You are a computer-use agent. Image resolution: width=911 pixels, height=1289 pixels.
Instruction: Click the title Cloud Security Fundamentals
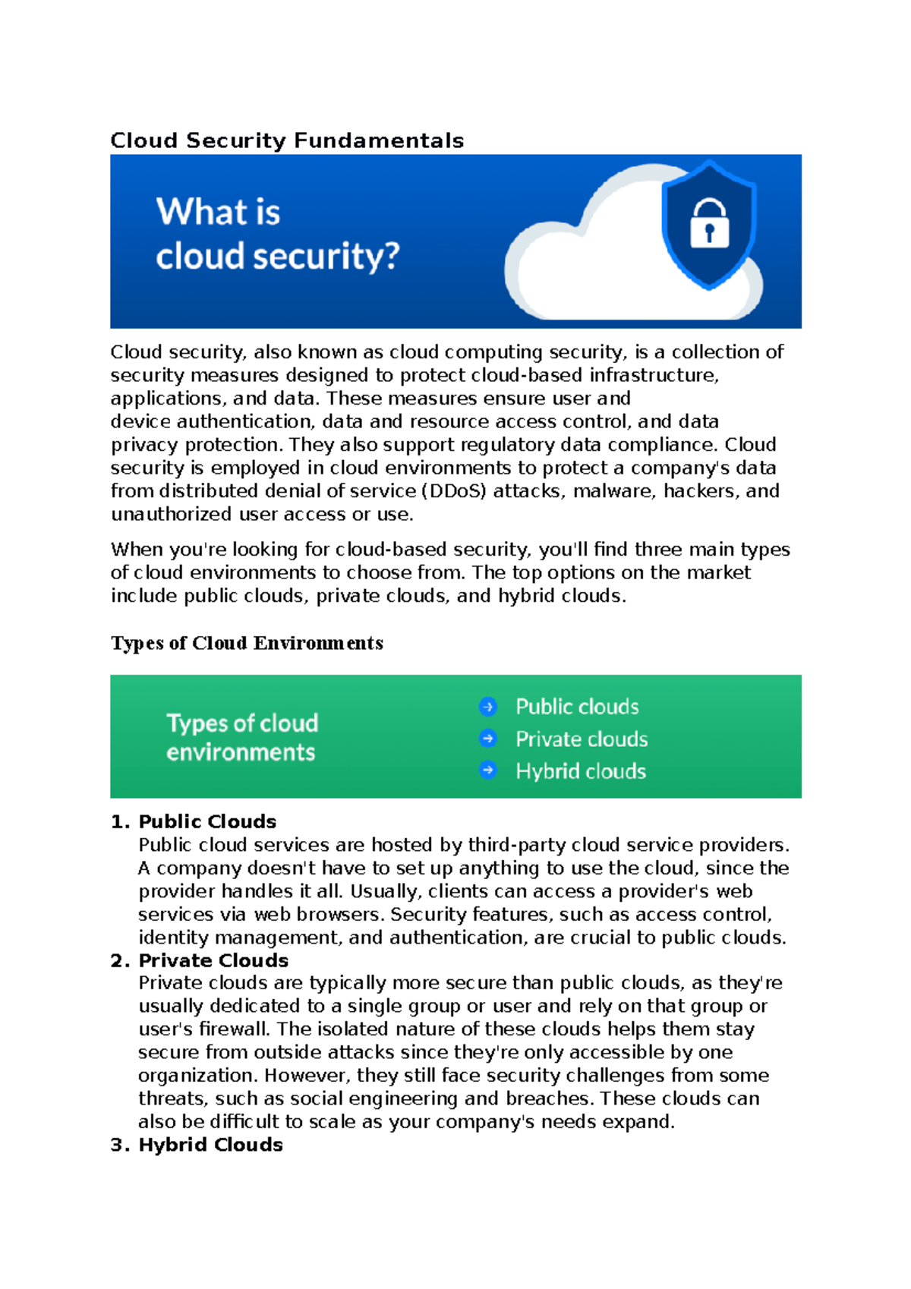[x=286, y=140]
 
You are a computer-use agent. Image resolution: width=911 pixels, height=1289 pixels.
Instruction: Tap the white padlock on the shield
[x=709, y=225]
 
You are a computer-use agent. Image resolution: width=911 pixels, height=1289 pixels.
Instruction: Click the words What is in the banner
[x=218, y=212]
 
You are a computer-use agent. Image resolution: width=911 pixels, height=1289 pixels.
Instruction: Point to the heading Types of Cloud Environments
[x=247, y=643]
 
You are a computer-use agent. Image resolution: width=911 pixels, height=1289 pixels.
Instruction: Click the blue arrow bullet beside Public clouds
[x=488, y=707]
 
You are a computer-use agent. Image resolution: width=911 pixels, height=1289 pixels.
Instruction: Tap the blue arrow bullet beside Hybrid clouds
[x=488, y=771]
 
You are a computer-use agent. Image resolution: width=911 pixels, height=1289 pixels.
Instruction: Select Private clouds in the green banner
[x=582, y=739]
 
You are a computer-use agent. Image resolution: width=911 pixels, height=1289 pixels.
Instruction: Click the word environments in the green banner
[x=241, y=752]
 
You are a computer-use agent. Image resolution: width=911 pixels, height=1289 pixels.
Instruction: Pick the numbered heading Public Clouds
[x=207, y=821]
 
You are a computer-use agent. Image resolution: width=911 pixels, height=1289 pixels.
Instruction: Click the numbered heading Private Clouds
[x=213, y=960]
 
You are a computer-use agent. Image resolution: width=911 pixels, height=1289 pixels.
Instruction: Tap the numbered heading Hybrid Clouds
[x=210, y=1145]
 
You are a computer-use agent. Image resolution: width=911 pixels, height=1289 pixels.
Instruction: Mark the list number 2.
[x=118, y=961]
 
